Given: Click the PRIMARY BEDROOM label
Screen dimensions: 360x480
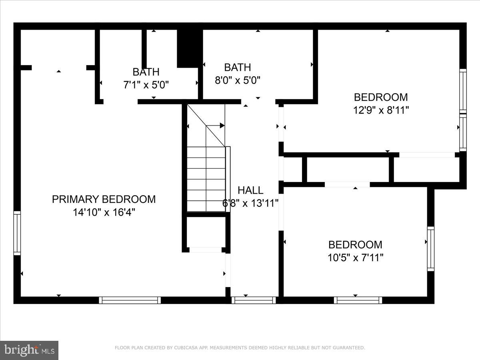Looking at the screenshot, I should pos(104,199).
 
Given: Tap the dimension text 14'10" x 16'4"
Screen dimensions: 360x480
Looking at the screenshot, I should pos(104,212).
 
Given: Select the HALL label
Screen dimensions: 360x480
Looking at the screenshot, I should pos(250,190).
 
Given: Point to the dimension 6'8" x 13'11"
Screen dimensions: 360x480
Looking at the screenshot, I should pos(250,204).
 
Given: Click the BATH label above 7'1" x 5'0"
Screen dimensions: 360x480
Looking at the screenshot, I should pos(146,72).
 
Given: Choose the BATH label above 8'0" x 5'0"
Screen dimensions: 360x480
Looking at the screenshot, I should pos(238,67).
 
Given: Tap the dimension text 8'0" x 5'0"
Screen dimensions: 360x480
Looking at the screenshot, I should pos(238,80).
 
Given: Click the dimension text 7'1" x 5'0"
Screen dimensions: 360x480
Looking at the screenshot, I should pos(146,85).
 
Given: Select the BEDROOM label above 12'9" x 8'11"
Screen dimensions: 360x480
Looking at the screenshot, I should pos(381,97).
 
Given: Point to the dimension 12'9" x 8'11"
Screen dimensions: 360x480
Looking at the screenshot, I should pos(381,110).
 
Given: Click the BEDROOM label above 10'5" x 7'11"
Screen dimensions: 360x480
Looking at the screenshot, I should pos(355,244).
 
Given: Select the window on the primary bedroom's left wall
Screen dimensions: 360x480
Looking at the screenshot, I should pos(17,233).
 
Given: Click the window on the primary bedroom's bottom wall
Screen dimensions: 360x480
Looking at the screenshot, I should pos(130,300).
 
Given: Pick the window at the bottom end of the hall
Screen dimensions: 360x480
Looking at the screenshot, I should pos(254,300).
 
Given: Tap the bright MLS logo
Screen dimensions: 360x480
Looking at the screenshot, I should pos(29,350).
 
